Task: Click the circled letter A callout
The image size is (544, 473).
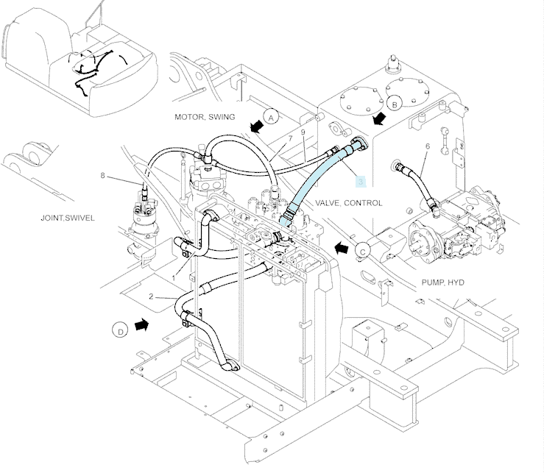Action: pos(271,117)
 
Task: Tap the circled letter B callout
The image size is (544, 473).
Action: pos(394,104)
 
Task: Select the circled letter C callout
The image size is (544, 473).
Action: pos(363,251)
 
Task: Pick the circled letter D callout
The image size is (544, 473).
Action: pos(120,330)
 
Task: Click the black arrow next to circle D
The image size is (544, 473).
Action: pos(141,325)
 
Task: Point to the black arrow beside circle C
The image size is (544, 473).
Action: pos(342,248)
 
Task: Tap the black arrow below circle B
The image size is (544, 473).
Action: pos(379,118)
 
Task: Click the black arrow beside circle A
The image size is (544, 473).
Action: pos(257,127)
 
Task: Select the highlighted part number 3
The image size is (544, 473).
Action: pos(361,182)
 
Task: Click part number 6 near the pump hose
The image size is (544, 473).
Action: pos(428,146)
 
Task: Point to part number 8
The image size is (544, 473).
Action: pos(102,176)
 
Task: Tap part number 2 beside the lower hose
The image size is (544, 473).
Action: pos(151,296)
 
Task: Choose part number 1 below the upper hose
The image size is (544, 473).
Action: pos(174,278)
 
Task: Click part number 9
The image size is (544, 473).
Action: pos(303,132)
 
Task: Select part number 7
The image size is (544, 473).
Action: pos(290,138)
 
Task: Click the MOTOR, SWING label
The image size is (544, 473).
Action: pos(205,117)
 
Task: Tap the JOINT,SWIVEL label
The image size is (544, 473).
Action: pos(68,218)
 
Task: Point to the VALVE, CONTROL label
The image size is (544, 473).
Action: pos(349,203)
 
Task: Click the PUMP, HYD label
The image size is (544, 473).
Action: pos(442,282)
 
